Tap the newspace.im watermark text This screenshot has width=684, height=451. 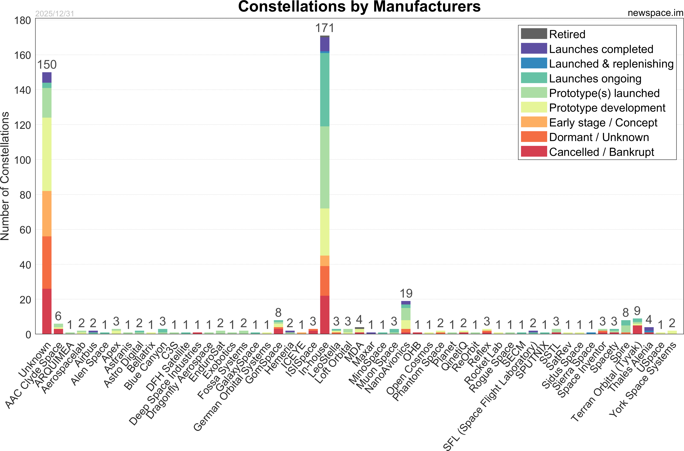click(x=655, y=13)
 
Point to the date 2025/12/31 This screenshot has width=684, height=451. click(x=55, y=14)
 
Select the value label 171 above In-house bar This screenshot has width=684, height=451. click(x=325, y=28)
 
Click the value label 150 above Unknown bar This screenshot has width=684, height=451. click(x=47, y=65)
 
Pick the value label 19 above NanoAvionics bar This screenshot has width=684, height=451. click(x=406, y=294)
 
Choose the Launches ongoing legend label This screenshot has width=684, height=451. click(x=595, y=78)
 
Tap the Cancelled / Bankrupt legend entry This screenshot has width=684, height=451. click(x=601, y=152)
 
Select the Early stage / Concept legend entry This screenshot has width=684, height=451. click(x=603, y=123)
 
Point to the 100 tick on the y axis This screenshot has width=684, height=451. click(x=22, y=160)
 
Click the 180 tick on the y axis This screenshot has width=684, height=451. click(x=22, y=20)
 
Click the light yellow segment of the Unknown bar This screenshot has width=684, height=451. click(x=47, y=154)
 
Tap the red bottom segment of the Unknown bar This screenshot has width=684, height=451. click(x=47, y=311)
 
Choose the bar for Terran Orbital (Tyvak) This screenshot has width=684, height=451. click(x=637, y=327)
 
